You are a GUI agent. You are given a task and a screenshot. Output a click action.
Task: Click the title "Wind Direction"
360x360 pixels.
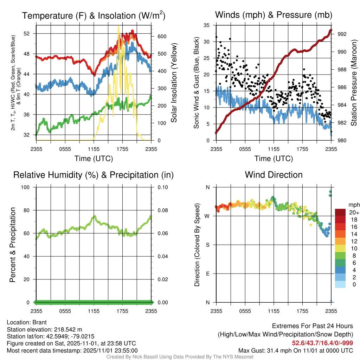pyautogui.click(x=274, y=175)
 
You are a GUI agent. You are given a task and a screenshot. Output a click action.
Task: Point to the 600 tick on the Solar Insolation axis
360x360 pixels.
pyautogui.click(x=159, y=37)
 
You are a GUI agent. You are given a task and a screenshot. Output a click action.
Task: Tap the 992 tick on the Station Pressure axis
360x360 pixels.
pyautogui.click(x=342, y=34)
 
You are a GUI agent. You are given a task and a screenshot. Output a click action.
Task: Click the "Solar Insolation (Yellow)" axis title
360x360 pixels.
pyautogui.click(x=174, y=83)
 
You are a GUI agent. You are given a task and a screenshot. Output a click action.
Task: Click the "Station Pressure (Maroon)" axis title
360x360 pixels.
pyautogui.click(x=354, y=83)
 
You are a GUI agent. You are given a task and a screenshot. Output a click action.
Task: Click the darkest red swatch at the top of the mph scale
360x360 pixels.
pyautogui.click(x=340, y=212)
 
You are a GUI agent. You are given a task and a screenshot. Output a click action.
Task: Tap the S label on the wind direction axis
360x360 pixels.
pyautogui.click(x=207, y=245)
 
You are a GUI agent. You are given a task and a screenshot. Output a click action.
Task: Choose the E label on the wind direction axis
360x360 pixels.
pyautogui.click(x=207, y=274)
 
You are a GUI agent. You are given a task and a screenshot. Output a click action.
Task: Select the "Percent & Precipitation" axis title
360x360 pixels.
pyautogui.click(x=13, y=245)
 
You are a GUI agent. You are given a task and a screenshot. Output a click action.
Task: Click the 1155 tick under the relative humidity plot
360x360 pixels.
pyautogui.click(x=94, y=311)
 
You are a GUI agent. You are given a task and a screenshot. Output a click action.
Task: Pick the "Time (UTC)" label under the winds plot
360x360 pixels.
pyautogui.click(x=274, y=159)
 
